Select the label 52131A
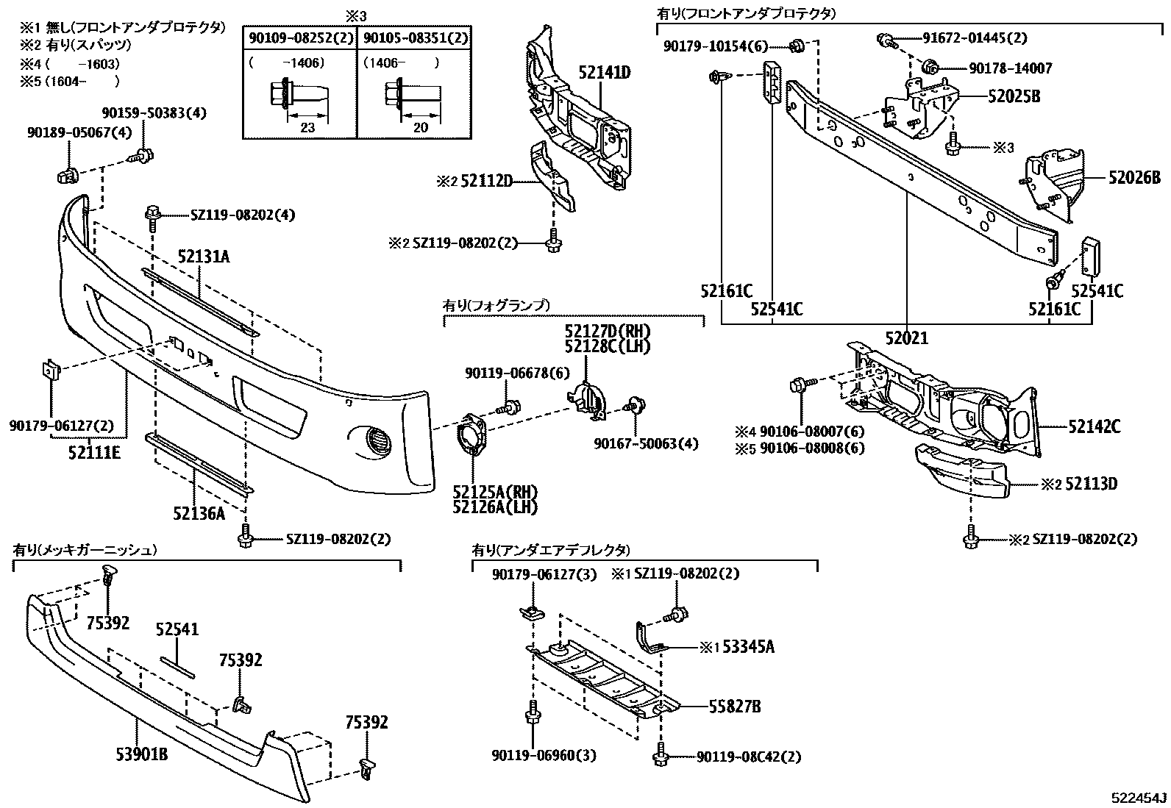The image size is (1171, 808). (x=204, y=257)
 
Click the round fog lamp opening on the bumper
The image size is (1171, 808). (x=376, y=443)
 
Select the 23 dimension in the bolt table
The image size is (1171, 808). (x=307, y=126)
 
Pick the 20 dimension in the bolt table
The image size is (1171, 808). (x=421, y=126)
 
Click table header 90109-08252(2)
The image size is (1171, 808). (x=299, y=38)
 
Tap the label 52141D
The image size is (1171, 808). (x=605, y=72)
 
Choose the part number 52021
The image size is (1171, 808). (x=906, y=338)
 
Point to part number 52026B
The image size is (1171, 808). (x=1134, y=177)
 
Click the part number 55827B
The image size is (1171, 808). (x=735, y=707)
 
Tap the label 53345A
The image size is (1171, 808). (x=748, y=647)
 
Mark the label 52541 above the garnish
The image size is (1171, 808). (x=177, y=630)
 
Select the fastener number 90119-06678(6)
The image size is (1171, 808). (x=517, y=373)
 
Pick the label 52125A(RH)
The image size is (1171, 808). (x=495, y=492)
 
